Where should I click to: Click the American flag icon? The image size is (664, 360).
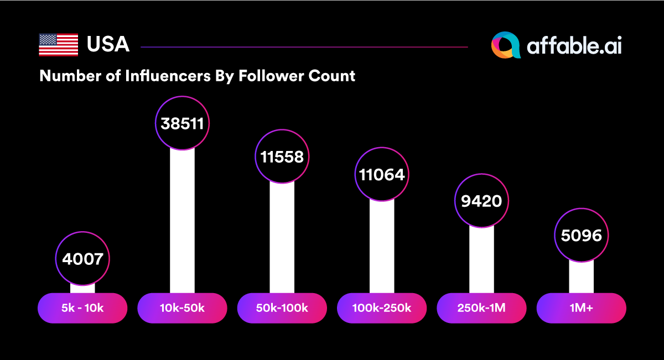[58, 45]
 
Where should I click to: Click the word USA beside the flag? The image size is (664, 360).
[108, 45]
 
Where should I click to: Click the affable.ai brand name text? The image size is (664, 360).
[574, 46]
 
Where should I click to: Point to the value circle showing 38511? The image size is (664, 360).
[182, 123]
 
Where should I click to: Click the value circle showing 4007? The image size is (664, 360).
[82, 258]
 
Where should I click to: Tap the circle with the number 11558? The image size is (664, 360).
[282, 156]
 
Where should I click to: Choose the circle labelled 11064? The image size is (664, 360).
[382, 175]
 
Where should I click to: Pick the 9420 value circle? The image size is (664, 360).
[481, 201]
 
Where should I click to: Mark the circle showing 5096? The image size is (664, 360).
[581, 236]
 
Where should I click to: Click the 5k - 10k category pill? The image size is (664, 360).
[82, 308]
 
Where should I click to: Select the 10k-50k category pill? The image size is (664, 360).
[182, 308]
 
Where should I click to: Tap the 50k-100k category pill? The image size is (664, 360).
[282, 308]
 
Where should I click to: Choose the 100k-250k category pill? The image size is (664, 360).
[382, 308]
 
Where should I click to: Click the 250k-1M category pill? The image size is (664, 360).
[481, 308]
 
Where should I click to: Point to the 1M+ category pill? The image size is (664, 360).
[581, 308]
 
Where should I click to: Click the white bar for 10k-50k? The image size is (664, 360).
[182, 221]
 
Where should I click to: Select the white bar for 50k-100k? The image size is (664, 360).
[282, 238]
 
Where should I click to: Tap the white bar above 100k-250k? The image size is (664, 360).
[382, 246]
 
